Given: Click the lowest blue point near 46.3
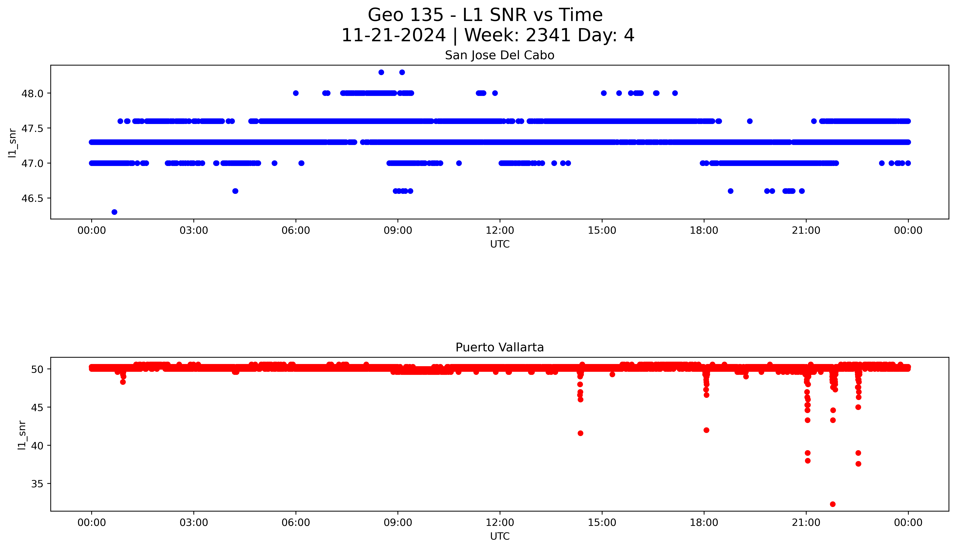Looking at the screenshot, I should tap(114, 212).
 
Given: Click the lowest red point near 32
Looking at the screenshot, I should tap(833, 504).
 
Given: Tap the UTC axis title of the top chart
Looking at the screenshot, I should tap(500, 244).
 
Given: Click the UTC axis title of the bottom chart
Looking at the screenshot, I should tap(500, 536).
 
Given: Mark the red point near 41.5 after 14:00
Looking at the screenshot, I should tap(580, 433).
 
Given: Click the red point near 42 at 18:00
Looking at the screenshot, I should tap(706, 430).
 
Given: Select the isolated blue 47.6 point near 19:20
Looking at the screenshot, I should tap(750, 121).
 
